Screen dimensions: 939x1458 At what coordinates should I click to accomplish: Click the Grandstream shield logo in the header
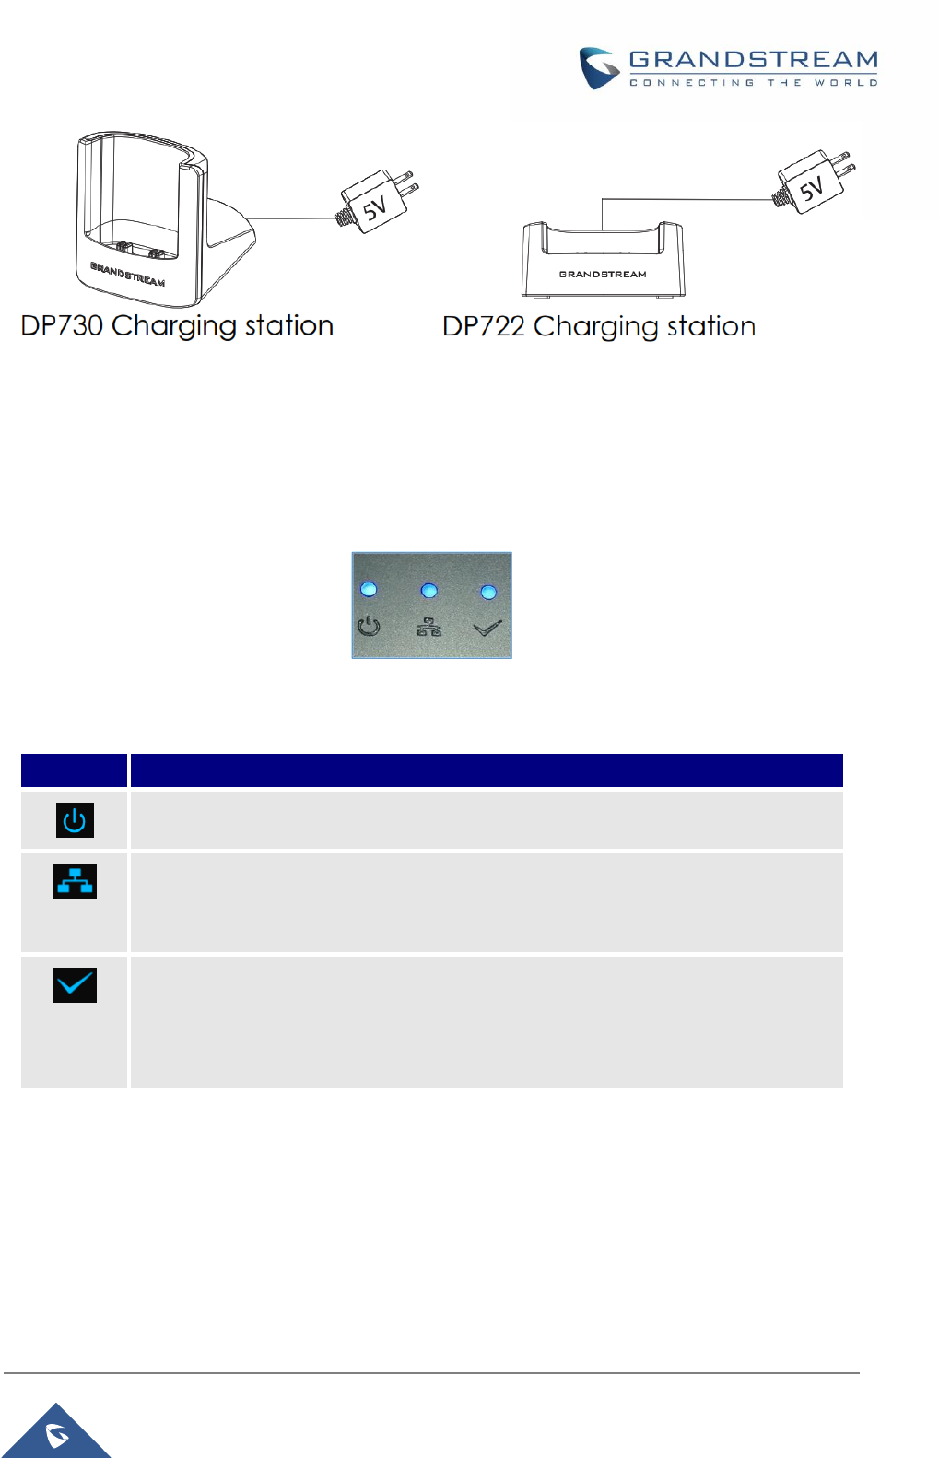coord(598,67)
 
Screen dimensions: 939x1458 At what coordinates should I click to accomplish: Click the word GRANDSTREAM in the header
coord(753,60)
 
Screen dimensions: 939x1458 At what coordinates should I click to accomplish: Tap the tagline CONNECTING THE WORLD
coord(753,83)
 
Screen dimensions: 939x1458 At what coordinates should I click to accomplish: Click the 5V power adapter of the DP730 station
coord(378,203)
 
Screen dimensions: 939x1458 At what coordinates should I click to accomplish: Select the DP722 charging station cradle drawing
coord(603,260)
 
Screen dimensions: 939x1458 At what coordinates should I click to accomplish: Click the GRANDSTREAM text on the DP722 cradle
coord(603,275)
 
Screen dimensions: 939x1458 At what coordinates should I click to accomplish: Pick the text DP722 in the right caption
coord(483,326)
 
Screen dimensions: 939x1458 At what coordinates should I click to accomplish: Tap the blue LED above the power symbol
coord(369,589)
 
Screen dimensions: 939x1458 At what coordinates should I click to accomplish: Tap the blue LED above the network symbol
coord(428,590)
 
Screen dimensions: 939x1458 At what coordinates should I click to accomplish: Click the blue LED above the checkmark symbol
coord(488,592)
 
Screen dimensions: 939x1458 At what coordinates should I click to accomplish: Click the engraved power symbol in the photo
coord(369,627)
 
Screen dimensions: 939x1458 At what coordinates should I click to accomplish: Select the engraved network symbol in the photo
coord(428,627)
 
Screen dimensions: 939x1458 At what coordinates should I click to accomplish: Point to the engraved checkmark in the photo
coord(487,629)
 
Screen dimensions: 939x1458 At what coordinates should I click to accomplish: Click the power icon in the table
coord(75,820)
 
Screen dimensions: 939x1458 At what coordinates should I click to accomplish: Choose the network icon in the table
coord(75,882)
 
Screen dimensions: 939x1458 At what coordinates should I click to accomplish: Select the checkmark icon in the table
coord(75,985)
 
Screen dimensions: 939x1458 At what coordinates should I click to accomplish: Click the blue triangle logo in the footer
coord(58,1433)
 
